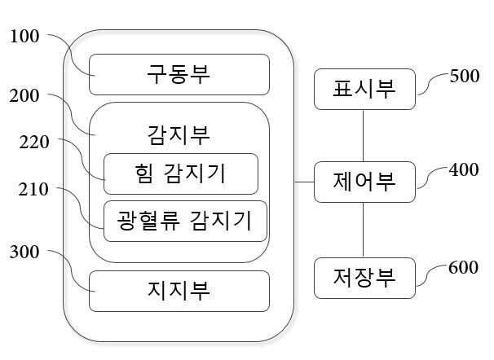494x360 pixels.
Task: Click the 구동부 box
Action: (x=179, y=74)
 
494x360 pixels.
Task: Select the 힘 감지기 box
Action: (x=180, y=173)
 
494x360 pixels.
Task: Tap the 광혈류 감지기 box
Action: (x=185, y=221)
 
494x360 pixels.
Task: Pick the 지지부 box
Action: (x=179, y=290)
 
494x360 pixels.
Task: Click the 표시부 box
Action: (x=364, y=89)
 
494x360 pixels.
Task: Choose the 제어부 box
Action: (x=364, y=182)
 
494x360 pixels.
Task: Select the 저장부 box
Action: (x=364, y=277)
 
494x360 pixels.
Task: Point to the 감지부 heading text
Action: (x=179, y=131)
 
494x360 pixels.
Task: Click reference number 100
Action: (x=25, y=37)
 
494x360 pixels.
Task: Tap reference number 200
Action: (x=25, y=96)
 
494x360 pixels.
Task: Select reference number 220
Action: (x=34, y=142)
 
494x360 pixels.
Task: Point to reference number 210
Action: (x=34, y=190)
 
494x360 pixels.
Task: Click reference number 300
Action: (x=25, y=252)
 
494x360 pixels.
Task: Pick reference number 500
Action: (x=465, y=77)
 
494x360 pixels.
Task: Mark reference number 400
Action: (x=465, y=169)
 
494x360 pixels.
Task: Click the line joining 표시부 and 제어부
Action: (x=364, y=135)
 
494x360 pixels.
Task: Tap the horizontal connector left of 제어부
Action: (x=304, y=181)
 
